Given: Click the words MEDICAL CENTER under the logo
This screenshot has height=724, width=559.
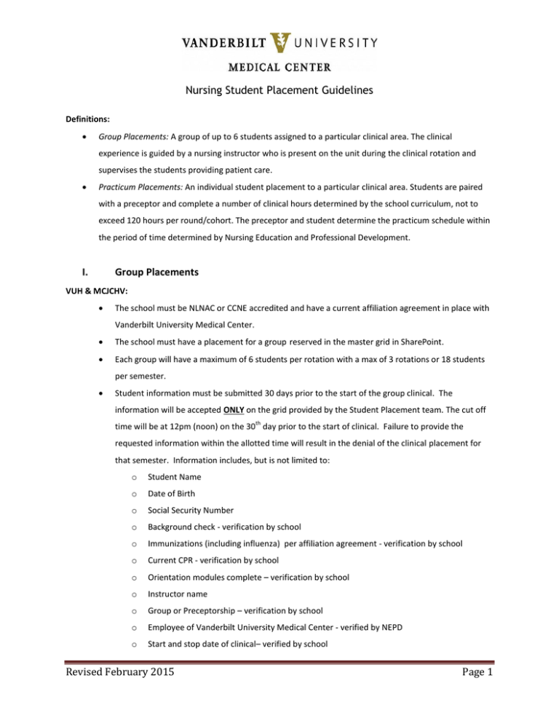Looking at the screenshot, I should pyautogui.click(x=279, y=68).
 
